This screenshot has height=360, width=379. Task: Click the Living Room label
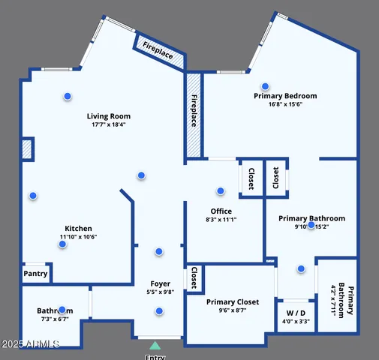[x=109, y=116]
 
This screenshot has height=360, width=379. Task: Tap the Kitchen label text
[x=78, y=229]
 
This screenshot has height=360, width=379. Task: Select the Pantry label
[x=35, y=274]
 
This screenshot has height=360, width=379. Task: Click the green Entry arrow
[x=155, y=346]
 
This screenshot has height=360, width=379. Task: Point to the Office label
[x=221, y=211]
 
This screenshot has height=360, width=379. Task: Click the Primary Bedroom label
[x=285, y=96]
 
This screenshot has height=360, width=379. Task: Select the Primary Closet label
[x=233, y=302]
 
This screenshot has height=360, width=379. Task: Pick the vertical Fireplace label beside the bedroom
[x=194, y=115]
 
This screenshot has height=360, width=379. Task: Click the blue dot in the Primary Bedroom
[x=265, y=86]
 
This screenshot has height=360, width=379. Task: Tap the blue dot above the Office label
[x=221, y=191]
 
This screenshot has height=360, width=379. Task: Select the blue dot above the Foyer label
[x=159, y=252]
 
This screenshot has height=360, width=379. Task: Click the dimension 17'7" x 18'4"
[x=108, y=125]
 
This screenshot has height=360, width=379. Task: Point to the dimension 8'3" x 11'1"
[x=221, y=220]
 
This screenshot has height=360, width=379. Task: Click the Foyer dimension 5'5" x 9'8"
[x=160, y=292]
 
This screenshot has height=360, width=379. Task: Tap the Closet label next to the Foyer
[x=194, y=277]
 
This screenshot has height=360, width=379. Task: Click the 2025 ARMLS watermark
[x=31, y=343]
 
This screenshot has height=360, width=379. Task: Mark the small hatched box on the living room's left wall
[x=27, y=149]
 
